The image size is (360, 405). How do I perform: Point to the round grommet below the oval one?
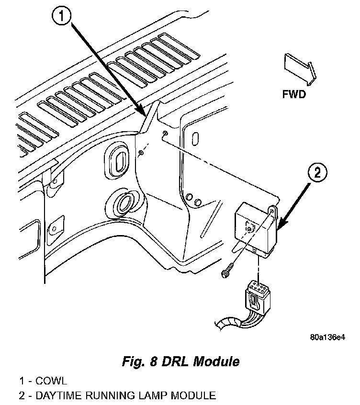(x=124, y=203)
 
